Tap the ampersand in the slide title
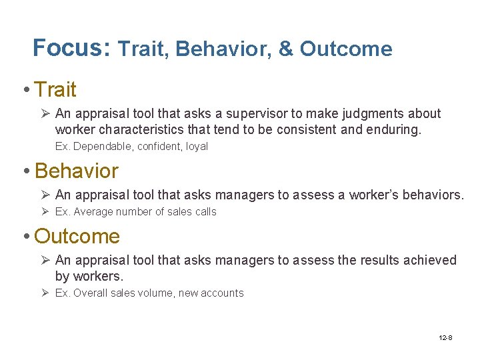[286, 49]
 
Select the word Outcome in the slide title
[346, 49]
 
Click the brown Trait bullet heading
[55, 89]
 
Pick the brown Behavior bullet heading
[76, 171]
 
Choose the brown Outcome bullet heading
[77, 236]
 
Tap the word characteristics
[141, 129]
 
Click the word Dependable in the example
[100, 147]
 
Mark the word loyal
[197, 147]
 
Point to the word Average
[93, 212]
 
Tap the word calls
[204, 212]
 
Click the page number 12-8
[445, 338]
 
